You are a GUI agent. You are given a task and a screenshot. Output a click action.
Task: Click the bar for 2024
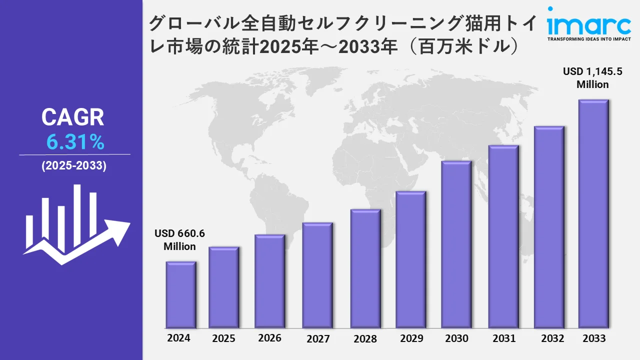tap(181, 294)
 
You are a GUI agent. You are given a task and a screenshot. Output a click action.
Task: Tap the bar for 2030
tap(456, 244)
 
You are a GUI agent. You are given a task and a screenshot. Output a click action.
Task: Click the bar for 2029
tap(410, 259)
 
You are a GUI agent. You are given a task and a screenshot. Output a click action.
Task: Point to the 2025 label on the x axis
tap(223, 338)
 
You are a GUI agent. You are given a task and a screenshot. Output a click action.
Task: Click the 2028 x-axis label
tap(365, 338)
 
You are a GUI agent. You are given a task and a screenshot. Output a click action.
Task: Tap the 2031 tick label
tap(503, 338)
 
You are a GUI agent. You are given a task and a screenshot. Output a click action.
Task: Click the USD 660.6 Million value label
tap(180, 240)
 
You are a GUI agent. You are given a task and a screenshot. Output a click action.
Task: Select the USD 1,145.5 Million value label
tap(592, 78)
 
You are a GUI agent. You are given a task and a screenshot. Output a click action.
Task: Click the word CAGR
tap(73, 117)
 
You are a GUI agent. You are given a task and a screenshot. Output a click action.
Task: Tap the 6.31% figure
tap(75, 143)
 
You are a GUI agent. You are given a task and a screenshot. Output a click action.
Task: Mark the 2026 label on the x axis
tap(270, 338)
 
